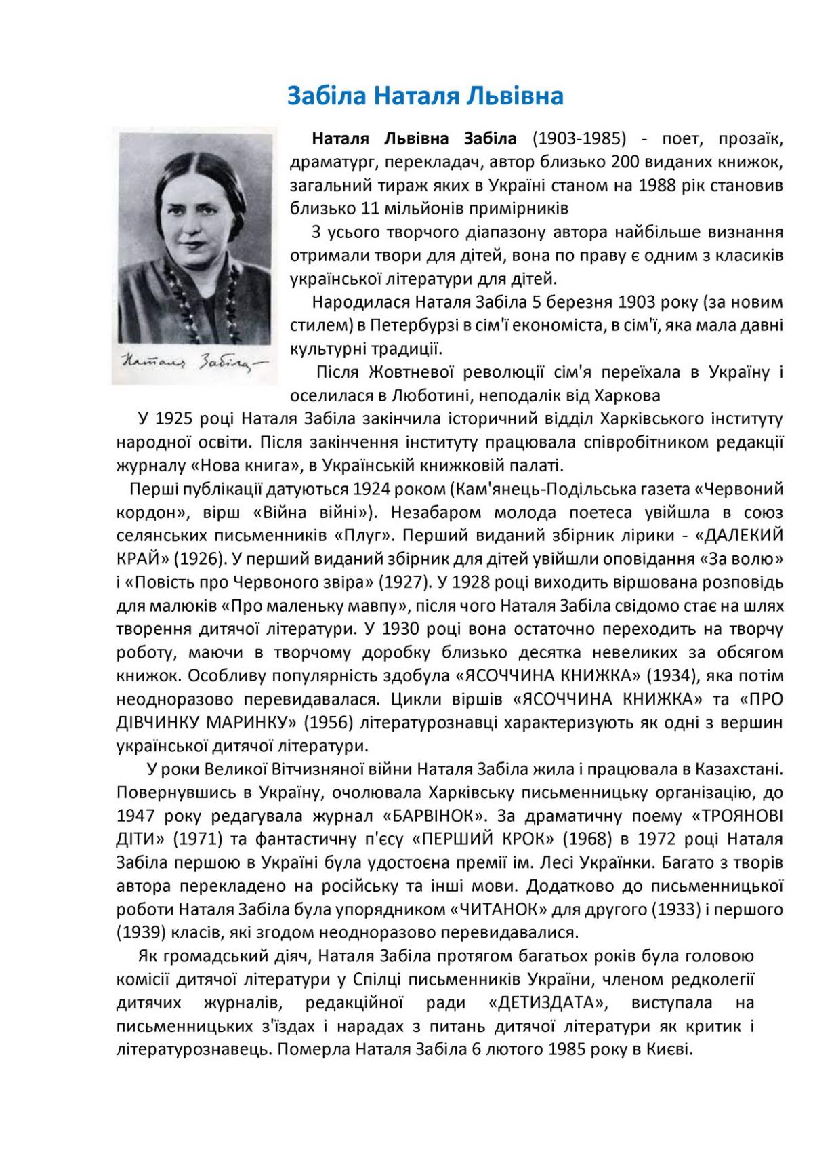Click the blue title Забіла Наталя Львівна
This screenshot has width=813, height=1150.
point(425,96)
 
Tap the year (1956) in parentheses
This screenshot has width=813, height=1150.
point(329,722)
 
